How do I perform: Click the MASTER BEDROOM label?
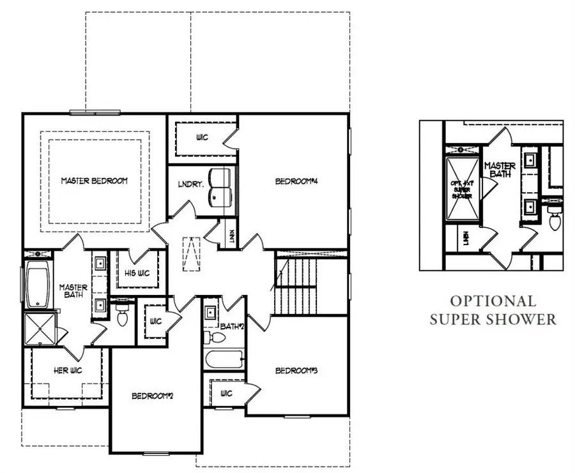[94, 181]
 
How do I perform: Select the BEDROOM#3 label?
[296, 371]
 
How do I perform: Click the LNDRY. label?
[190, 185]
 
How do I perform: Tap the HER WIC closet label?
[66, 370]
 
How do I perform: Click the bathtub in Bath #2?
[224, 359]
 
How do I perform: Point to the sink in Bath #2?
[211, 313]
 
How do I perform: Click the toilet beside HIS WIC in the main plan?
[123, 315]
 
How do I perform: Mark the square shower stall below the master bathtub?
[40, 329]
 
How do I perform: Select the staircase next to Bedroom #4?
[296, 287]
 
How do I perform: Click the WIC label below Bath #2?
[226, 394]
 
